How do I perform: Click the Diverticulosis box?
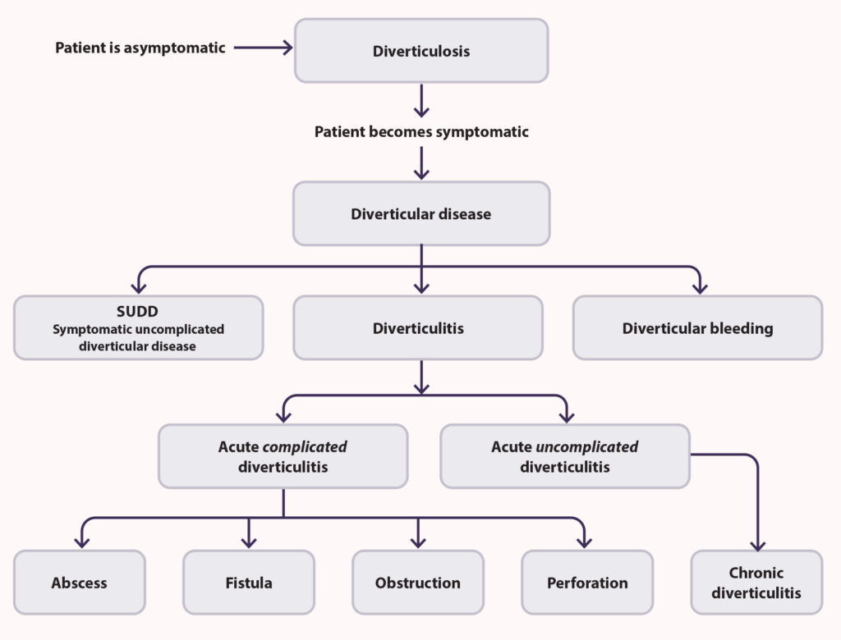point(420,51)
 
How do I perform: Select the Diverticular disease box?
point(420,214)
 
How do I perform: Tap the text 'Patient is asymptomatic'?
point(140,48)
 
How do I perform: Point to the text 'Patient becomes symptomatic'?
point(421,131)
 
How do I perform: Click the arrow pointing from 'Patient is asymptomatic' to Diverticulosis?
point(263,48)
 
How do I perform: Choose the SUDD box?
point(138,327)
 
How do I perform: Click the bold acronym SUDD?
point(138,313)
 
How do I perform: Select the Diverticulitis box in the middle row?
point(417,328)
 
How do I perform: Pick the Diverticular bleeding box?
point(697,328)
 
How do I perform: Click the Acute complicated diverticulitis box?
point(283,456)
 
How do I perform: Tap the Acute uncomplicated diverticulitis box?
point(564,456)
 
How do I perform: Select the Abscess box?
point(79,583)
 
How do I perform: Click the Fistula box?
point(248,583)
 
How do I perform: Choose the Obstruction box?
point(417,583)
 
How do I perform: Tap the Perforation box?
point(586,583)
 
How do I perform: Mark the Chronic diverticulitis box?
point(756,583)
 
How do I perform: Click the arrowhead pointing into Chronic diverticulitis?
point(757,545)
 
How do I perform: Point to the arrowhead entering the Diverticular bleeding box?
point(699,288)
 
